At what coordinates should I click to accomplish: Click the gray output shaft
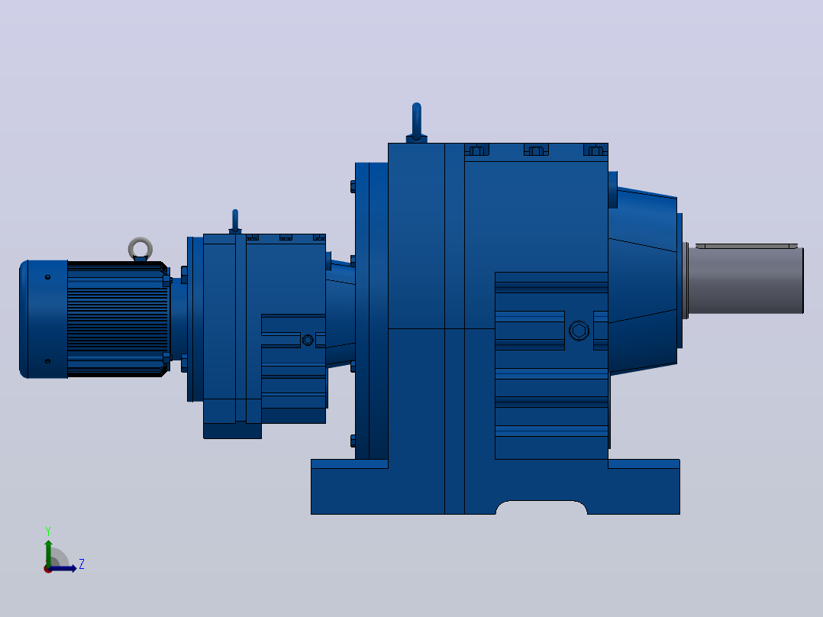point(745,281)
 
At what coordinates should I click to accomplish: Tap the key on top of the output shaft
point(747,246)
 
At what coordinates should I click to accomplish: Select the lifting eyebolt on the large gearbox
point(417,123)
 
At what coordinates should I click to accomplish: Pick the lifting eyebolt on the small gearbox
point(235,221)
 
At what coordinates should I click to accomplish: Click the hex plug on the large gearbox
point(579,331)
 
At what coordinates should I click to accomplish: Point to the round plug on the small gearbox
point(308,341)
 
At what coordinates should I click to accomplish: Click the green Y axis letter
point(48,531)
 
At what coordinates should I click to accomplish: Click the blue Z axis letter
point(82,564)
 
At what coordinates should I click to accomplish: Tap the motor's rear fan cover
point(44,318)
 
